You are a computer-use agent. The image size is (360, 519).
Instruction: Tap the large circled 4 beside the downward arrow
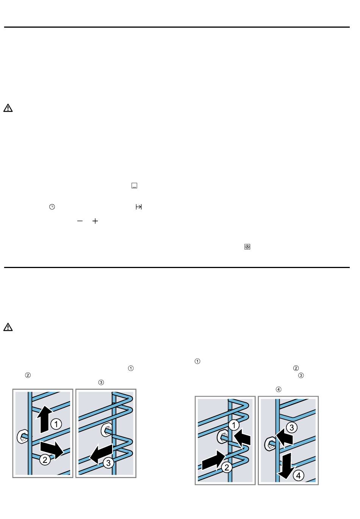pos(298,475)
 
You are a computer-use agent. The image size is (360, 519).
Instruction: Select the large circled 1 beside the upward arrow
pos(56,424)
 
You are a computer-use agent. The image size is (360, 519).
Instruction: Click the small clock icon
pos(52,207)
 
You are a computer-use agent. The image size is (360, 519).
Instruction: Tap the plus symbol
pos(95,221)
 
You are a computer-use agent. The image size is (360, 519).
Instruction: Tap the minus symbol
pos(80,221)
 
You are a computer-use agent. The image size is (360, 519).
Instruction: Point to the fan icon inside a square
pos(247,247)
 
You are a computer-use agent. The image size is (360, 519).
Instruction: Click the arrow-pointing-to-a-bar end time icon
pos(139,207)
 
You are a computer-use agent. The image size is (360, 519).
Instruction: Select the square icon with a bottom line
pos(135,186)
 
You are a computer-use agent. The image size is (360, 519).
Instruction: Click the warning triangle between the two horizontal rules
pos(8,108)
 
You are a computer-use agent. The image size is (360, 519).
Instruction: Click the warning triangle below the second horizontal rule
pos(8,327)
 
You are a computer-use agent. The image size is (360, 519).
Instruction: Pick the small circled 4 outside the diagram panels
pos(279,389)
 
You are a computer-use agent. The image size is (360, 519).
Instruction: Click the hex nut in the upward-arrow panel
pos(23,437)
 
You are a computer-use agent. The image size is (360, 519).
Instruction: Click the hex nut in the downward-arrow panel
pos(270,444)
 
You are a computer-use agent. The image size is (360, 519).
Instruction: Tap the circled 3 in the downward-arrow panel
pos(292,428)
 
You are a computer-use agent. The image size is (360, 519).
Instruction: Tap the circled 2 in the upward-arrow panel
pos(45,460)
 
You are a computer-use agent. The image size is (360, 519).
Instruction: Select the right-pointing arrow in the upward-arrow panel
pos(52,450)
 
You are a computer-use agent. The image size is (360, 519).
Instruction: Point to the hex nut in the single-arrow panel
pos(107,430)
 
